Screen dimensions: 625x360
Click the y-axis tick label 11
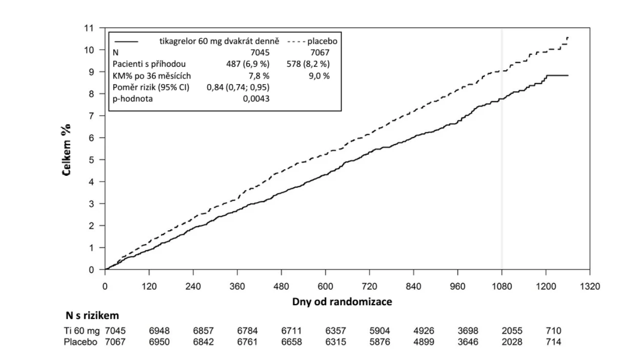(89, 28)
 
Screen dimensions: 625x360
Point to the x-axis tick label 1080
(501, 287)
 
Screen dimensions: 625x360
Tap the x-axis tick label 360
(237, 287)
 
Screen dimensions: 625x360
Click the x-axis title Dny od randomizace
(342, 302)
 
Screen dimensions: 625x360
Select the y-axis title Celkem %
(67, 150)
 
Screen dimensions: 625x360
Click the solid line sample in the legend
(126, 42)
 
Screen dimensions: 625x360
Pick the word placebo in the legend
(322, 42)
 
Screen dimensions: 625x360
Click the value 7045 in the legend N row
(260, 52)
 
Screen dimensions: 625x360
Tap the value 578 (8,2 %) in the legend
(308, 64)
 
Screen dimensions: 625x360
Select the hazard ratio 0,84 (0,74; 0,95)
(238, 87)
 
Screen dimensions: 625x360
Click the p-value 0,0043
(256, 99)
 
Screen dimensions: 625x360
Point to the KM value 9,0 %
(319, 76)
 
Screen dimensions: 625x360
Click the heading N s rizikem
(92, 315)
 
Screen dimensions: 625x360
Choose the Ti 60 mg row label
(82, 331)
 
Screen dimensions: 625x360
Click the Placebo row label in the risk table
(80, 342)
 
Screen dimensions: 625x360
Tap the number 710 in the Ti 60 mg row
(553, 331)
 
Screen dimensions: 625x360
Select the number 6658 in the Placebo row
(292, 342)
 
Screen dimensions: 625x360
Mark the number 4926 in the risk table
(424, 331)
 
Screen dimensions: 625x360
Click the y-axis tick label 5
(91, 160)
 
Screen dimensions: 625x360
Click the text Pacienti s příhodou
(149, 64)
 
